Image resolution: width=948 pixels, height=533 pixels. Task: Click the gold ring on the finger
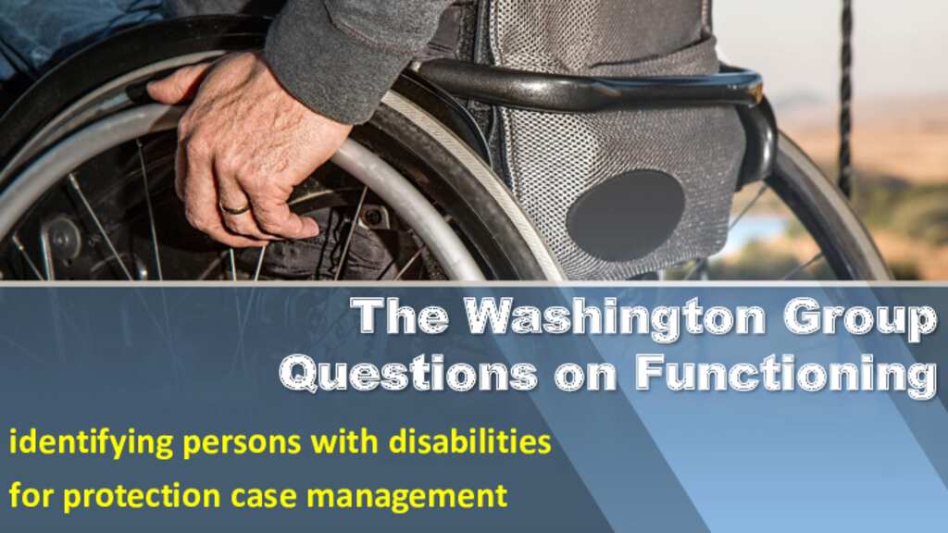pos(235,209)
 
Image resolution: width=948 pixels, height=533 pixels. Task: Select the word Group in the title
pos(861,317)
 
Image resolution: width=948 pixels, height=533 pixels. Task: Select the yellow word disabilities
pos(469,441)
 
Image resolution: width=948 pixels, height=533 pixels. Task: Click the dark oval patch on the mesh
pos(625,215)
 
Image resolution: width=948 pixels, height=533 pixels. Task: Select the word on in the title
pos(586,376)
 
